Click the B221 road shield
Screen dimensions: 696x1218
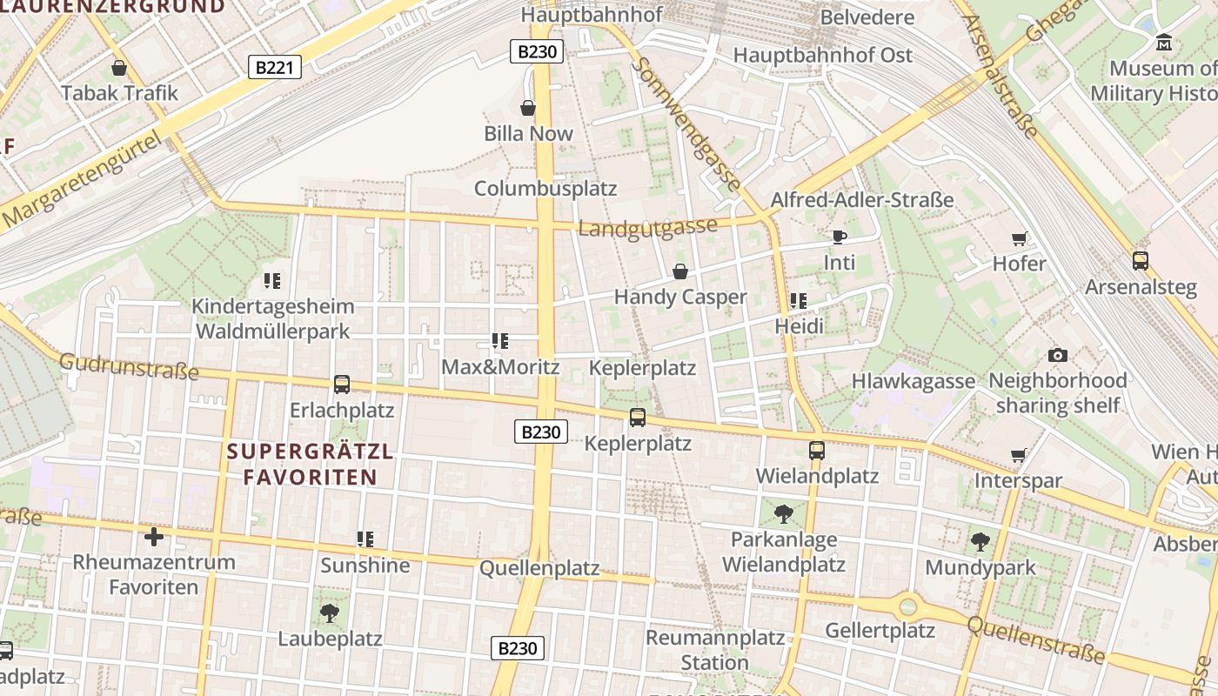click(x=275, y=67)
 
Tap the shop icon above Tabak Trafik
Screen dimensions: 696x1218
click(x=119, y=68)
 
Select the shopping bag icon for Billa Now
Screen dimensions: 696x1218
click(x=528, y=108)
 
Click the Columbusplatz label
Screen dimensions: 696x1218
click(x=545, y=188)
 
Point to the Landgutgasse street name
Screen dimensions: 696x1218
click(x=648, y=228)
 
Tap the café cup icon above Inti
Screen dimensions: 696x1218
click(x=839, y=237)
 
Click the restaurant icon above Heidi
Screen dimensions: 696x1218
click(x=799, y=301)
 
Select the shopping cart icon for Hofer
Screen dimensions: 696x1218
click(x=1019, y=238)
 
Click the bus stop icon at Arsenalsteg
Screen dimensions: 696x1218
click(x=1140, y=260)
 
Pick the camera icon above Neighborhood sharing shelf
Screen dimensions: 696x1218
click(x=1058, y=355)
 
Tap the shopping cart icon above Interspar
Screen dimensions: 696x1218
click(x=1019, y=455)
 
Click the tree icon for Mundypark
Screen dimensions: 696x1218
click(x=980, y=542)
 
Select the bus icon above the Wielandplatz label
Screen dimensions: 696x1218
click(x=816, y=451)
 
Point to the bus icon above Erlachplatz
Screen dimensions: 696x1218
click(x=342, y=385)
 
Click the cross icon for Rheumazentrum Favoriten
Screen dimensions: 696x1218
click(x=154, y=536)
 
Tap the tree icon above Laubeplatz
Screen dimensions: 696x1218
click(x=330, y=613)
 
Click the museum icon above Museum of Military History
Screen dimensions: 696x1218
click(x=1164, y=42)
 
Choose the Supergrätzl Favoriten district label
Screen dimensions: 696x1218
click(x=310, y=465)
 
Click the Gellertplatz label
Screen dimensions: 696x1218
click(x=880, y=630)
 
